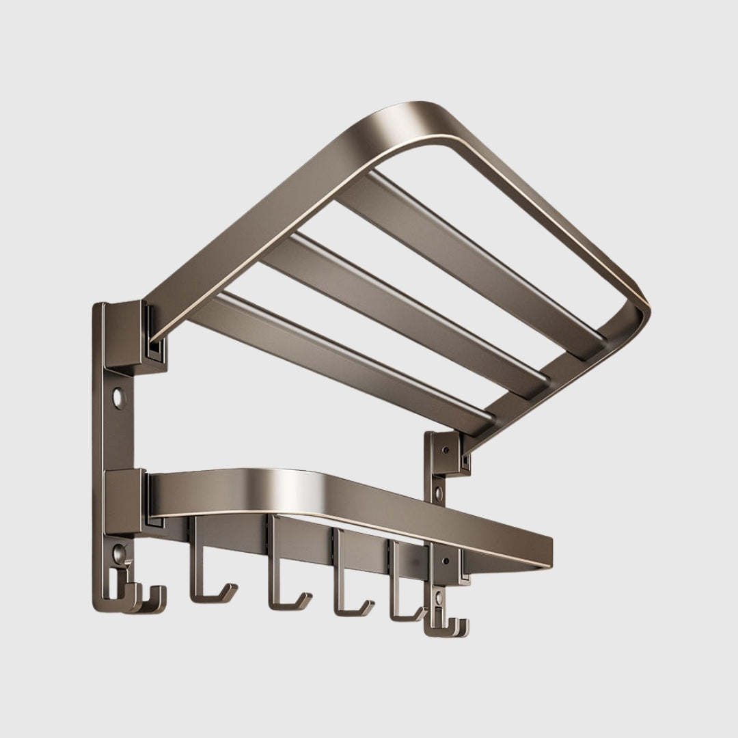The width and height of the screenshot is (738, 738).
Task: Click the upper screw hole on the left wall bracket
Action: (x=120, y=395)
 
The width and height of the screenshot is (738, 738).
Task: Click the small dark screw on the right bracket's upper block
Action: (x=446, y=450)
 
